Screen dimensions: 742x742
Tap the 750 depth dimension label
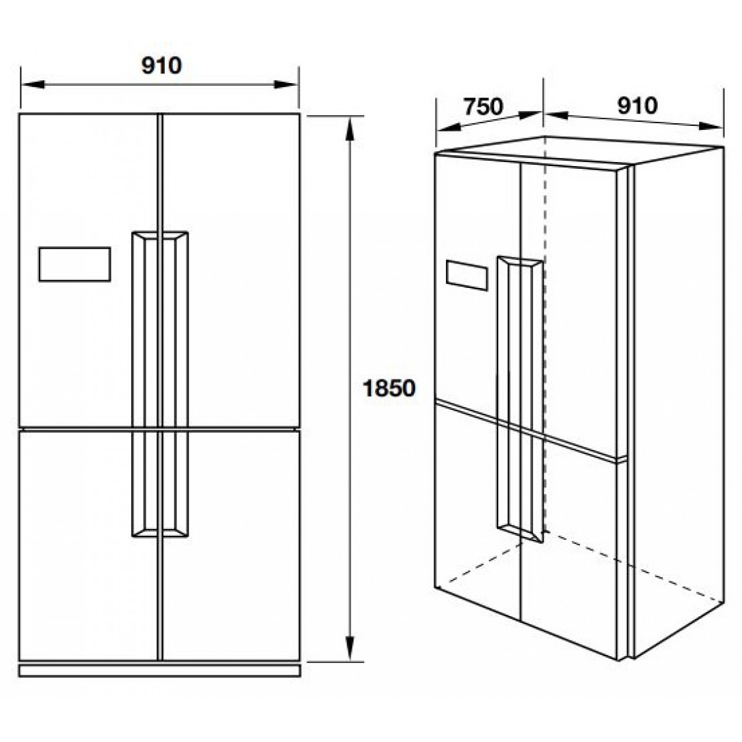(x=483, y=107)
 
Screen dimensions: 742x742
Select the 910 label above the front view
(x=161, y=65)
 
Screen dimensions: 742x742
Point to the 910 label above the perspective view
(x=637, y=106)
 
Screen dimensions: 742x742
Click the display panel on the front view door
(x=75, y=264)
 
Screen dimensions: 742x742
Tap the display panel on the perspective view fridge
(x=467, y=276)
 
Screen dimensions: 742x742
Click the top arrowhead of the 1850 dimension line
(x=350, y=126)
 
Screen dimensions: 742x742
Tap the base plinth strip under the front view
(x=159, y=671)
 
